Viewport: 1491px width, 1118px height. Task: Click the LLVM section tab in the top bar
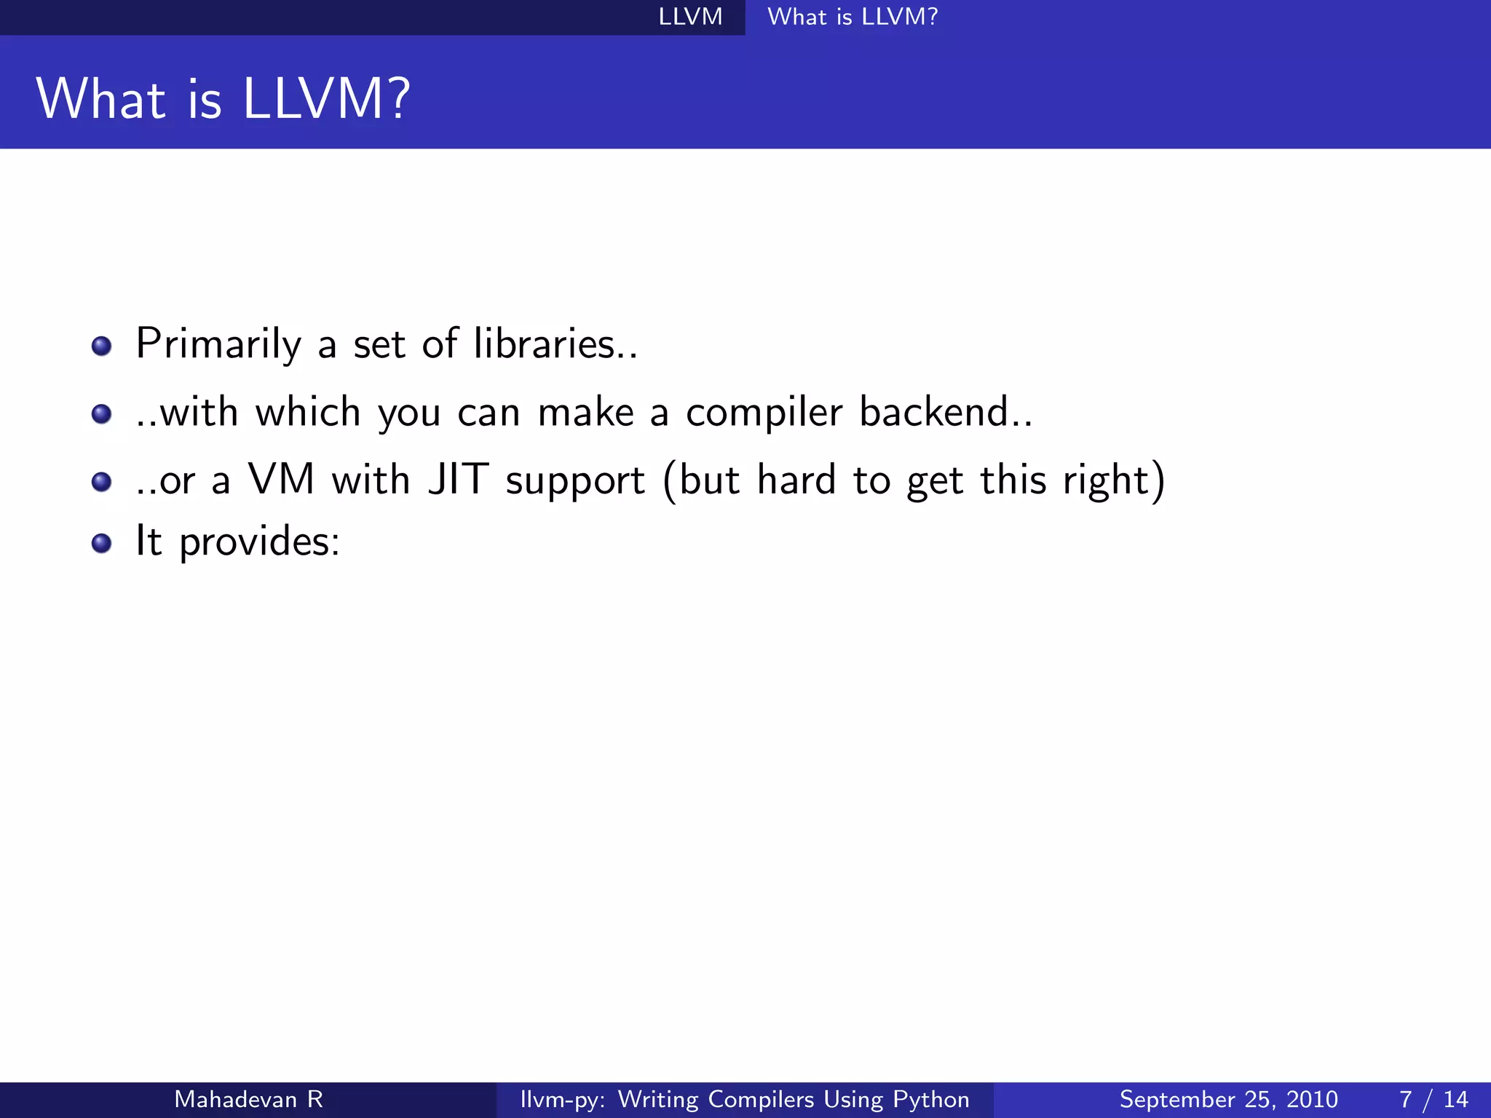point(690,17)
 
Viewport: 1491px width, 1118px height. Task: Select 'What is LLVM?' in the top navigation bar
point(853,17)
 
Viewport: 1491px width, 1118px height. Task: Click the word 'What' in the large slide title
point(101,100)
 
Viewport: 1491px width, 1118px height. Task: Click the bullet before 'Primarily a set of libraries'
point(102,345)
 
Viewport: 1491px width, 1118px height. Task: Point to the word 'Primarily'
point(218,345)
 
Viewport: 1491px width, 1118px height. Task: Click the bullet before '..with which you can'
point(102,413)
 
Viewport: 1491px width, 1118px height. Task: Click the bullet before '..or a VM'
point(102,481)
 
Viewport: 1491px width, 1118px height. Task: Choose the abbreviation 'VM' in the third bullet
point(281,480)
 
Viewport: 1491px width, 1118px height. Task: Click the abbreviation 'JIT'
point(458,480)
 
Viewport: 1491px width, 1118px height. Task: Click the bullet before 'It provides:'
point(102,543)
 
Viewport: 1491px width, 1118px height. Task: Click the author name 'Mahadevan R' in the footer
point(248,1099)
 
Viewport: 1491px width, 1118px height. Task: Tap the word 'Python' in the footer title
point(931,1100)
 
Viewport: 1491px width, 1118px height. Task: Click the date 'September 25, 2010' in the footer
point(1228,1099)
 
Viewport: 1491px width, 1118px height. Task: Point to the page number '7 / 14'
point(1433,1099)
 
